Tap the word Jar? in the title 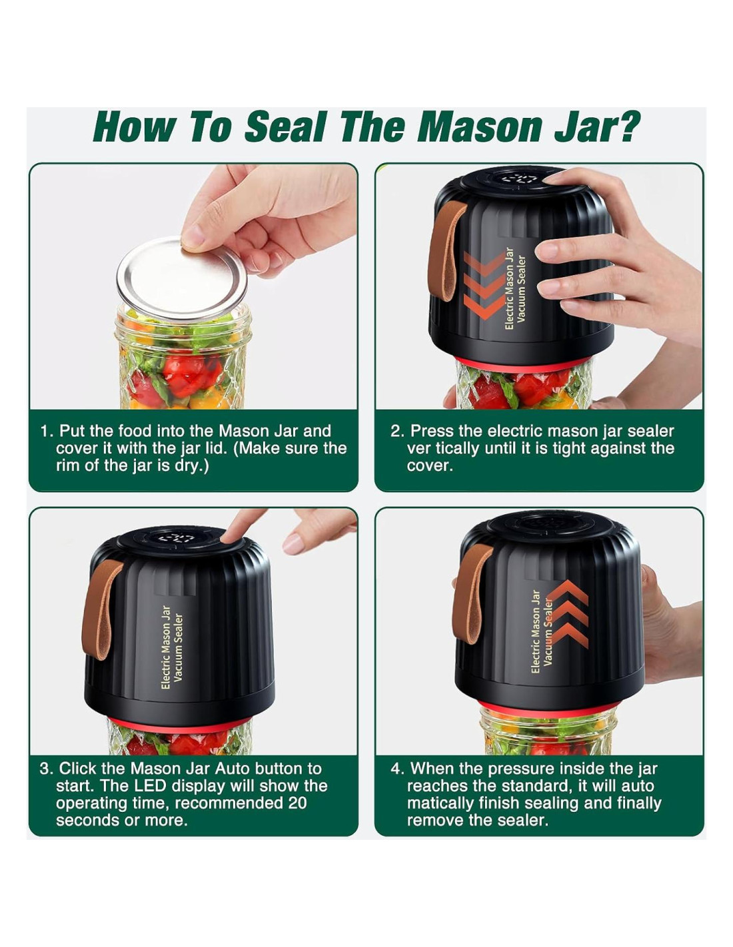[597, 128]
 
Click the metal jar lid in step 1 [182, 279]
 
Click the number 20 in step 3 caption [297, 802]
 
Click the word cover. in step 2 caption [430, 466]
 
